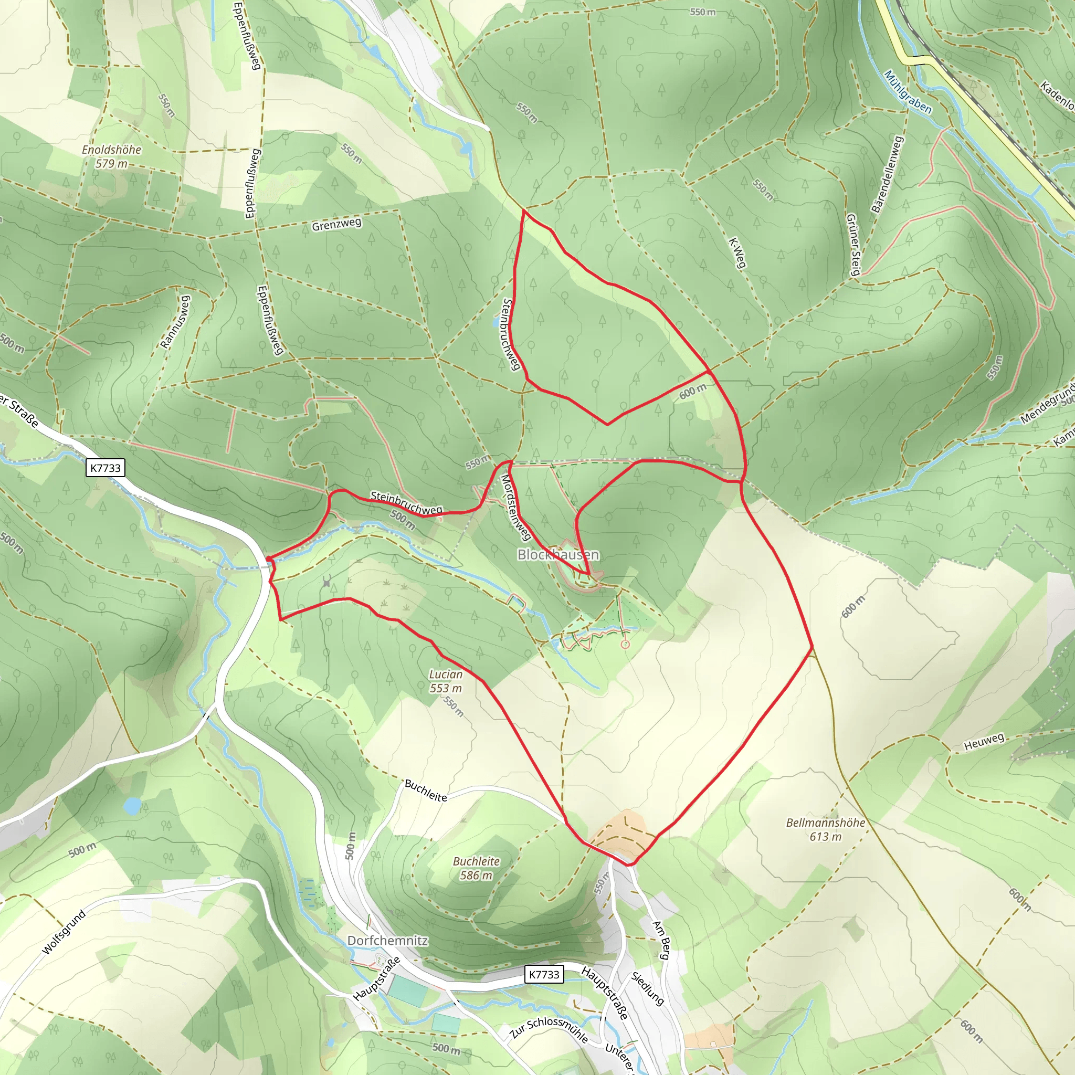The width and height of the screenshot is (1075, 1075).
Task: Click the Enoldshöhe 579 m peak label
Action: (111, 156)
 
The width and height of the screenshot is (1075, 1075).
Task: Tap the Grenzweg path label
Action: (336, 224)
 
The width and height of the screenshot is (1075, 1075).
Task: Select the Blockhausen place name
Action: (557, 555)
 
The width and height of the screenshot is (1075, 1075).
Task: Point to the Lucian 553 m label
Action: (446, 681)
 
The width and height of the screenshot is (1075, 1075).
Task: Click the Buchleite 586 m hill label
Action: (476, 868)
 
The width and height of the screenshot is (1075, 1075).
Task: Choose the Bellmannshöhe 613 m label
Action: (825, 829)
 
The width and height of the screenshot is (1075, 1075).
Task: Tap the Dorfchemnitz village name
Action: (387, 940)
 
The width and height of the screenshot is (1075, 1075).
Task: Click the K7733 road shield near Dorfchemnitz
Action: (544, 974)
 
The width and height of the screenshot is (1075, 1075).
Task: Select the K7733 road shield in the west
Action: (105, 467)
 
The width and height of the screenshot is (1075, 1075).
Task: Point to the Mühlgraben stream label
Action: (907, 92)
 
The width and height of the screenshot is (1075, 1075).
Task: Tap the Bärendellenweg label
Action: (888, 174)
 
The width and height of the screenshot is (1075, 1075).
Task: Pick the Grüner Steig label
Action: (853, 244)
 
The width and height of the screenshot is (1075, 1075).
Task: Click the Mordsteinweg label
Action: (515, 507)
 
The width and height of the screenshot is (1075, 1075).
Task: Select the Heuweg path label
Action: (984, 741)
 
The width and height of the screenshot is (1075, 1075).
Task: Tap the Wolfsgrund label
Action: (64, 932)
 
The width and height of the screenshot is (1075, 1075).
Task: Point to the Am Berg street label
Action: (660, 940)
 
